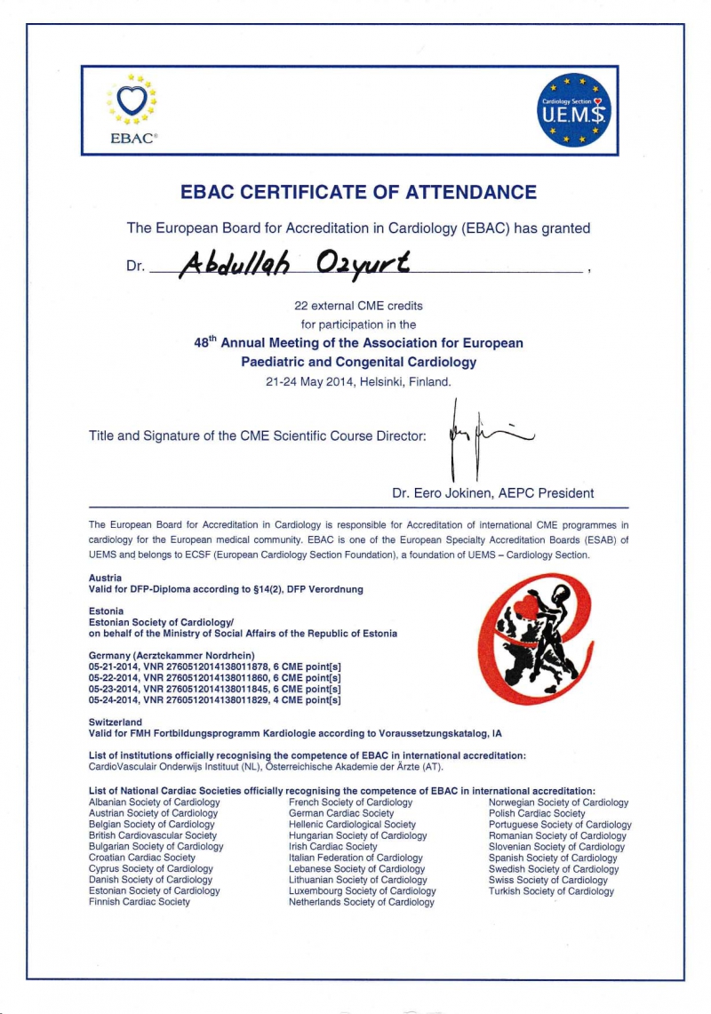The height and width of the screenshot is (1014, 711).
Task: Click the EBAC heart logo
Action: [132, 101]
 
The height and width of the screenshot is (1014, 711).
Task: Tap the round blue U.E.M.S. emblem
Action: [576, 109]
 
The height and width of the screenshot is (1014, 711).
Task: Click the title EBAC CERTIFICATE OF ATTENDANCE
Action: [358, 192]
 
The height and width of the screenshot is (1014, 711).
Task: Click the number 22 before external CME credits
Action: [300, 306]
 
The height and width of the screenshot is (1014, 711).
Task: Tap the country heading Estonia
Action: [106, 611]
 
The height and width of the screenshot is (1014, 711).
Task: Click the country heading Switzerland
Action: [116, 723]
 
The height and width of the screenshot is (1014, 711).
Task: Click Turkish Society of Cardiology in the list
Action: [550, 891]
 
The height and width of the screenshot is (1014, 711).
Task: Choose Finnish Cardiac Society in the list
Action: [140, 902]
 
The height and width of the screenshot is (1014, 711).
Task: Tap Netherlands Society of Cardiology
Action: [361, 902]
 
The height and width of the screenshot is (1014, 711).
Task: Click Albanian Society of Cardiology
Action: [154, 802]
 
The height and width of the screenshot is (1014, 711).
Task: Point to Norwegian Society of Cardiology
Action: [558, 802]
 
